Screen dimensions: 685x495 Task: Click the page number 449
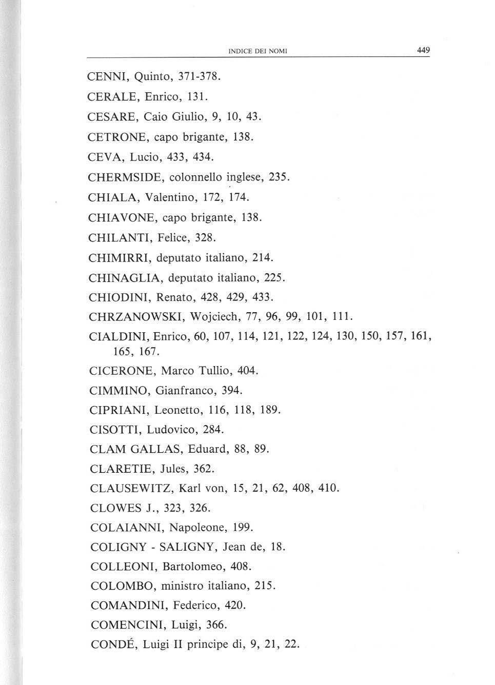point(423,50)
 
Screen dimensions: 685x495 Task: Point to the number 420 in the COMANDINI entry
point(235,606)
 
